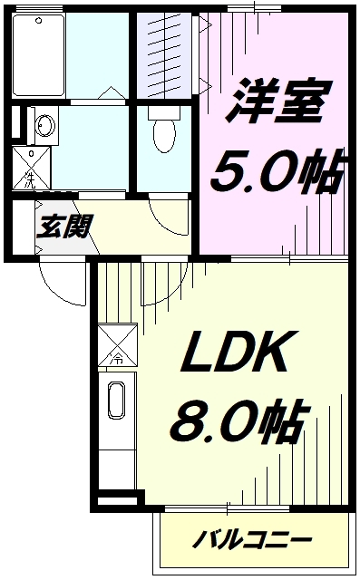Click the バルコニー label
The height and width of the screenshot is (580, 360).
click(253, 541)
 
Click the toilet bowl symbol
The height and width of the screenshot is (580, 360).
click(164, 136)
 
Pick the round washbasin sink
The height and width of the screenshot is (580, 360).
click(43, 124)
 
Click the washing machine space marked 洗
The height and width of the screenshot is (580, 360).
click(30, 169)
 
